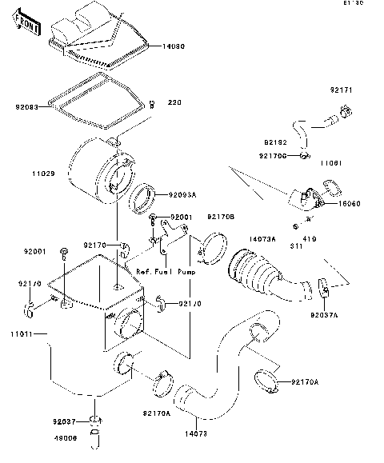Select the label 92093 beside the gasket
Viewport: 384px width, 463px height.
coord(26,105)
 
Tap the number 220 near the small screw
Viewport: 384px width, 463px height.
coord(174,103)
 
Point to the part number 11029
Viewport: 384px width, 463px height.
coord(43,173)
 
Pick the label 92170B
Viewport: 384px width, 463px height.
coord(221,216)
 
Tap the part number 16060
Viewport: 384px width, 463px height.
coord(350,203)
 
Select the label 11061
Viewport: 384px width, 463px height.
coord(332,162)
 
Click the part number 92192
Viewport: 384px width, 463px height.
coord(274,142)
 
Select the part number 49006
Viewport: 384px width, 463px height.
coord(66,437)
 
